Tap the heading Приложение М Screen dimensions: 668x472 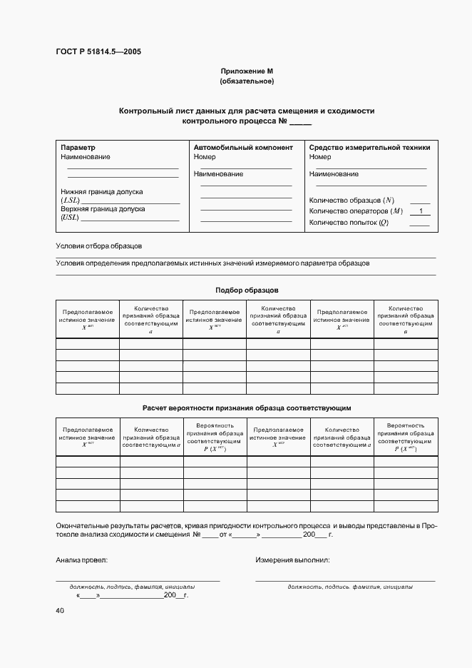(247, 71)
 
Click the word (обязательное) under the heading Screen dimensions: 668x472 (247, 81)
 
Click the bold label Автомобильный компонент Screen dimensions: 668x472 (243, 148)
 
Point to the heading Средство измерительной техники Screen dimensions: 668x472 (369, 148)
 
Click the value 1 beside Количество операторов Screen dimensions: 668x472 (421, 211)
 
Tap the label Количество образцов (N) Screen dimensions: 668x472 (352, 200)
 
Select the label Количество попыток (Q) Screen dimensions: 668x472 (349, 223)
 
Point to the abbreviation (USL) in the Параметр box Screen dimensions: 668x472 (70, 217)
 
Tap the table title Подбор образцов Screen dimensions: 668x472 (247, 290)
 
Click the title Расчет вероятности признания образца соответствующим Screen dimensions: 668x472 (247, 407)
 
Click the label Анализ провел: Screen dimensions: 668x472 (81, 560)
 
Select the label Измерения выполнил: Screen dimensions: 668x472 (292, 560)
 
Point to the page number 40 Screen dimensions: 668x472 (60, 611)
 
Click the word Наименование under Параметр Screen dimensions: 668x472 (86, 156)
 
